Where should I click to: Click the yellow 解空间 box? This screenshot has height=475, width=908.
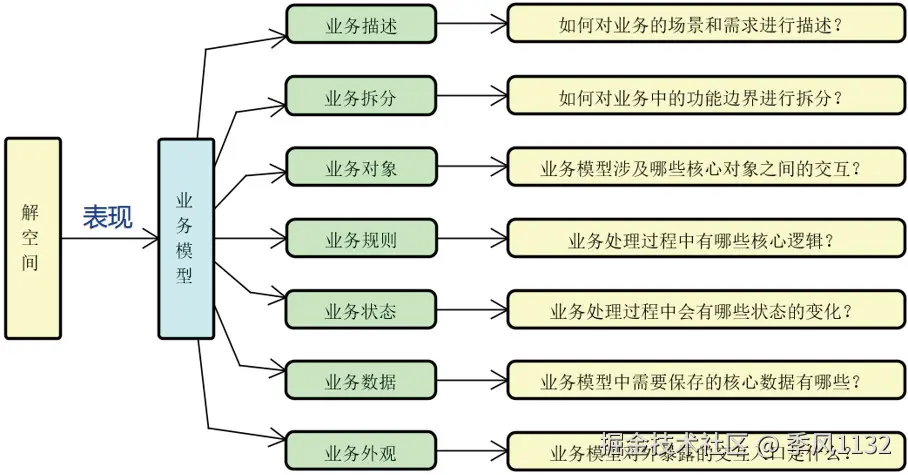(32, 238)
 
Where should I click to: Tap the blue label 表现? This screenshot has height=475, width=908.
(107, 218)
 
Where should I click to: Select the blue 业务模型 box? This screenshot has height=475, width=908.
(186, 238)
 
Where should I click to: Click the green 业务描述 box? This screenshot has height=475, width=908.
(361, 25)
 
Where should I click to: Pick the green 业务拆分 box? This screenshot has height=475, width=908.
(361, 96)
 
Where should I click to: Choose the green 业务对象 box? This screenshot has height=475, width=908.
(361, 167)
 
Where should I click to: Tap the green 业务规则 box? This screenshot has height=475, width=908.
(361, 239)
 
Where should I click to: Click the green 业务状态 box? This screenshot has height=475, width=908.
(361, 310)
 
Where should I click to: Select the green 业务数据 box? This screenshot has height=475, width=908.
(361, 381)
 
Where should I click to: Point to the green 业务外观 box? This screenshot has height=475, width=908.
(361, 452)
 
